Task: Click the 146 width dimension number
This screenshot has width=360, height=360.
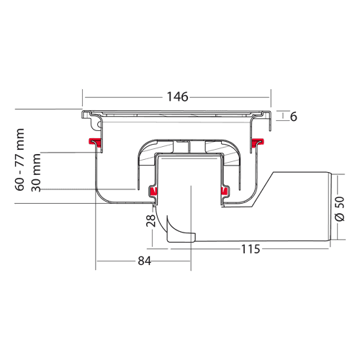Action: (177, 97)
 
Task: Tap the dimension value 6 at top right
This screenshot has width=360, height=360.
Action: (294, 117)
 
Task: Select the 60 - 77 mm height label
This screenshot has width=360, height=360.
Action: (20, 160)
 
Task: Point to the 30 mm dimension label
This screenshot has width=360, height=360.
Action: (36, 173)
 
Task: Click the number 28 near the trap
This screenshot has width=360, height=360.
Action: (151, 221)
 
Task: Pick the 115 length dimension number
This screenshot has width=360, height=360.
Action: (251, 249)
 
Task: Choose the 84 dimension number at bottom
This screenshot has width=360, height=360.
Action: (145, 261)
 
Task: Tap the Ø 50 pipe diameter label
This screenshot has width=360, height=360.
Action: (340, 209)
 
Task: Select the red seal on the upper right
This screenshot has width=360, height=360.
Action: (257, 142)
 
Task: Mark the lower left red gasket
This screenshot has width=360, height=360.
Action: (153, 191)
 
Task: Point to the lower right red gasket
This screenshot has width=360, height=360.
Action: (224, 191)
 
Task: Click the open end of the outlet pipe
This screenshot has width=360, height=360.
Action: (330, 207)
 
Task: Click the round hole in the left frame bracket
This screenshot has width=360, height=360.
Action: (99, 125)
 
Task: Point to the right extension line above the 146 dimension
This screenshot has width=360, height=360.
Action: (271, 98)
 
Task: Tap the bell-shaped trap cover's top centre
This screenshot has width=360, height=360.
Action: (189, 140)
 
